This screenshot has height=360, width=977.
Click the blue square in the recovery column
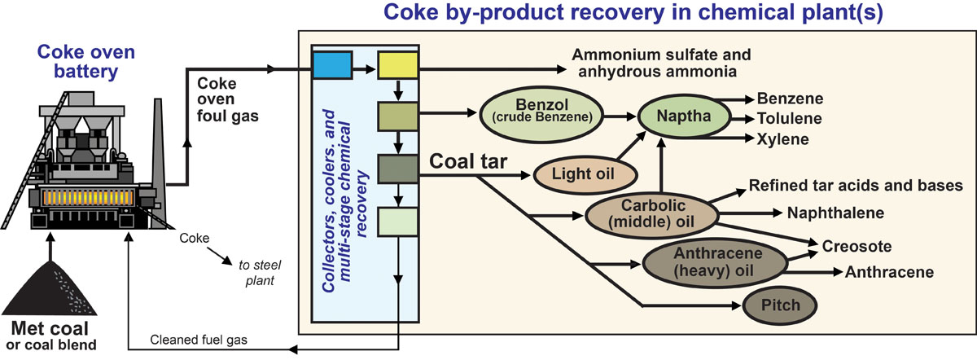332,65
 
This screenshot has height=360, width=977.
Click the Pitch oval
780,306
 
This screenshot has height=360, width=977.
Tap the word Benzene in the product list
791,99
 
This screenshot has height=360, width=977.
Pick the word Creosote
857,245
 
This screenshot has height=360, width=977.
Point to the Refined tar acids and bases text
856,186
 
